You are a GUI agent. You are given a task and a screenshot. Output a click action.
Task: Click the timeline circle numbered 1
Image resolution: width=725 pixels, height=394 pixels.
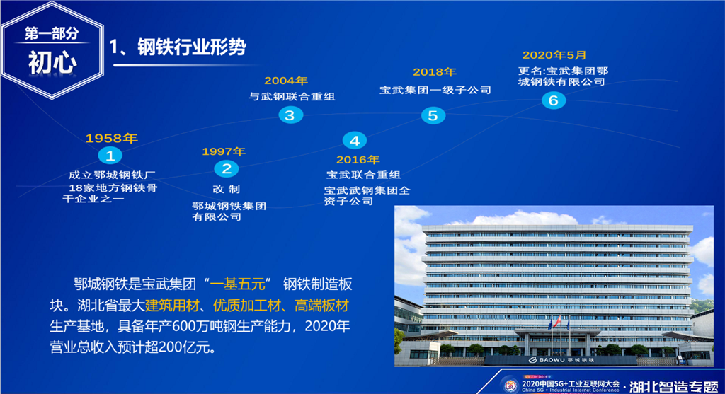(110, 156)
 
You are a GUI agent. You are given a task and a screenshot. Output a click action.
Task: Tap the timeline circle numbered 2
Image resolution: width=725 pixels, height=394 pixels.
(227, 169)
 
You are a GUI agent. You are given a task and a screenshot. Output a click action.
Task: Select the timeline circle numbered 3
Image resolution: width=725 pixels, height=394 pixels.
(290, 115)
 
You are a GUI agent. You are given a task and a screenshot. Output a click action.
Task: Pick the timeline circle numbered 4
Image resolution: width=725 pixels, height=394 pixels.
(355, 141)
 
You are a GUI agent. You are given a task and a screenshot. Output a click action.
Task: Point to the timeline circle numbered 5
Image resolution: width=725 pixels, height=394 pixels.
(433, 115)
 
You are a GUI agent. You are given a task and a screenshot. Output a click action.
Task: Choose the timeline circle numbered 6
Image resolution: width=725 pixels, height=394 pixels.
(554, 100)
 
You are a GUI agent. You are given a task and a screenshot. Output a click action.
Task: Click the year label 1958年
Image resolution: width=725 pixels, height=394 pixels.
(111, 138)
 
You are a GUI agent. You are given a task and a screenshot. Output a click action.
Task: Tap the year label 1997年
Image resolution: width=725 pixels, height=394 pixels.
(224, 151)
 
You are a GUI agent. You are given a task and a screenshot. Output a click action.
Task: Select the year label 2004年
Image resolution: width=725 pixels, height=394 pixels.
(286, 81)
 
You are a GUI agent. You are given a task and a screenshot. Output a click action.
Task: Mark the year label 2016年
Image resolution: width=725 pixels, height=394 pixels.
(358, 160)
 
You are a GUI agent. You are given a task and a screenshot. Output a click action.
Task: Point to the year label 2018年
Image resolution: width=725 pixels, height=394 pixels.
(435, 72)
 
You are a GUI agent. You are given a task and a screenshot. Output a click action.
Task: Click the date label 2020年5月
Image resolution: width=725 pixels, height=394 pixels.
(554, 55)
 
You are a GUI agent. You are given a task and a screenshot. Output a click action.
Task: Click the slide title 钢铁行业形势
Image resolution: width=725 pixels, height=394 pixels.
(191, 47)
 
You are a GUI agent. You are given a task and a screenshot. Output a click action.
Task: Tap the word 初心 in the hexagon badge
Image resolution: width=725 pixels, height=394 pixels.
(52, 62)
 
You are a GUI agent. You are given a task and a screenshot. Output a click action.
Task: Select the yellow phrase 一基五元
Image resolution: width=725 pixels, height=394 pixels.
(238, 284)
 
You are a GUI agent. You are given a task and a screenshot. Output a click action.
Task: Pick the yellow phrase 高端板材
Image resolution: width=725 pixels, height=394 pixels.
(322, 306)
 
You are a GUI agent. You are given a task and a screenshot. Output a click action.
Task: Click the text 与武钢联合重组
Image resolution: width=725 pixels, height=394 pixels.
(292, 96)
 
